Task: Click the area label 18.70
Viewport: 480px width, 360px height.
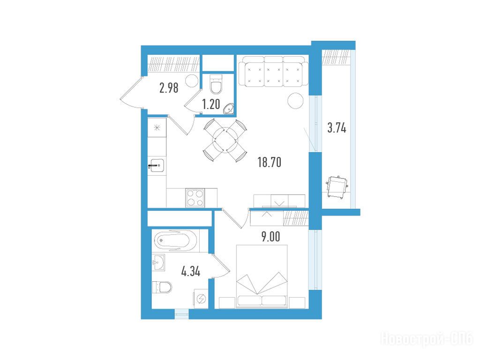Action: pos(270,162)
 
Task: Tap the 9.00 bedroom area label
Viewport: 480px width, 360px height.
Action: pos(271,237)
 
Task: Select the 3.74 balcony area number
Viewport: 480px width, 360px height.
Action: pos(337,127)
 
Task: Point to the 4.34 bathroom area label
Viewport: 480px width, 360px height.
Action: pos(191,271)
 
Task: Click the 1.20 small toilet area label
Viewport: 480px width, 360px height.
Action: pos(211,105)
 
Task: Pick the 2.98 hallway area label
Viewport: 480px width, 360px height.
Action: pos(169,88)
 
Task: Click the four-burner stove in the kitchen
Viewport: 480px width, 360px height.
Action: pos(195,198)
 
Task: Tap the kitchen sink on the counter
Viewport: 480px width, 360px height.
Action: pos(157,165)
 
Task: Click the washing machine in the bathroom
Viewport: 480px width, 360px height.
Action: pos(201,299)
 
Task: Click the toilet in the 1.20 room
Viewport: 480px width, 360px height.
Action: pos(216,84)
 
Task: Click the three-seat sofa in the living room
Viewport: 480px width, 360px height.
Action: pos(273,71)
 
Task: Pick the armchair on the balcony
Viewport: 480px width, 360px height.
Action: pos(337,187)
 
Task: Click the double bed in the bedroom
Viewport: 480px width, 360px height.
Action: pos(262,276)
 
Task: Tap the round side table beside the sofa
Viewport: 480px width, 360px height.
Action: pos(296,100)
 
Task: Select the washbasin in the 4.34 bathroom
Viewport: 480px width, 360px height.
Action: pos(158,262)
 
